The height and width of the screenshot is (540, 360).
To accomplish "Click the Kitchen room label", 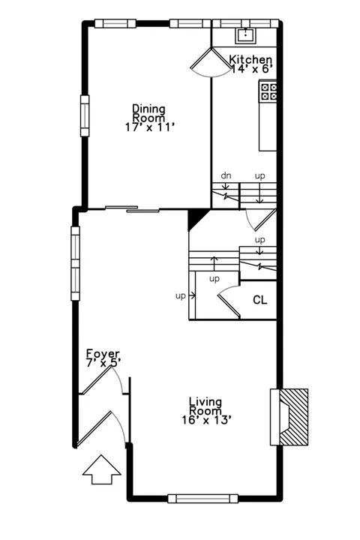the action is [250, 59].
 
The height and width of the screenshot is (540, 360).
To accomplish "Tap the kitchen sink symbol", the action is [246, 35].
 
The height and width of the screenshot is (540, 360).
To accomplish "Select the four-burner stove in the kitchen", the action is [268, 91].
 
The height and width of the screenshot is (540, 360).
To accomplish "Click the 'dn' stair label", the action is [226, 175].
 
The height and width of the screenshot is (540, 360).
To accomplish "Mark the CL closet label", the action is [259, 300].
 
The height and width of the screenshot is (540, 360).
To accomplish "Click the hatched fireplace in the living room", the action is [293, 417].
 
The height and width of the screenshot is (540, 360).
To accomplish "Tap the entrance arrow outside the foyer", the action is [102, 469].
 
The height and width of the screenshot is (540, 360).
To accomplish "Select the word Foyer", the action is [103, 354].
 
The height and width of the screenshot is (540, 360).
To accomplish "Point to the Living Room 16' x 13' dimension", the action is [206, 420].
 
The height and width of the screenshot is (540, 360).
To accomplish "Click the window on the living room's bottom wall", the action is [203, 498].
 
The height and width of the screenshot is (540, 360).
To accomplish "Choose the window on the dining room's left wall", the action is [85, 115].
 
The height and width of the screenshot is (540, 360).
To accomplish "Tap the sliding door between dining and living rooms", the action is [132, 208].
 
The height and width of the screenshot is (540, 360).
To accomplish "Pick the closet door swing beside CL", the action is [229, 299].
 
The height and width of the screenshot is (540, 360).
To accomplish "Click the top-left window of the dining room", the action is [115, 23].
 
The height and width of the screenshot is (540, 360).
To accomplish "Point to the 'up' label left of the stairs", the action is [181, 295].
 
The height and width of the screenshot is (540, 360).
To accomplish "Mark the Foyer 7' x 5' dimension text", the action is [103, 363].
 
